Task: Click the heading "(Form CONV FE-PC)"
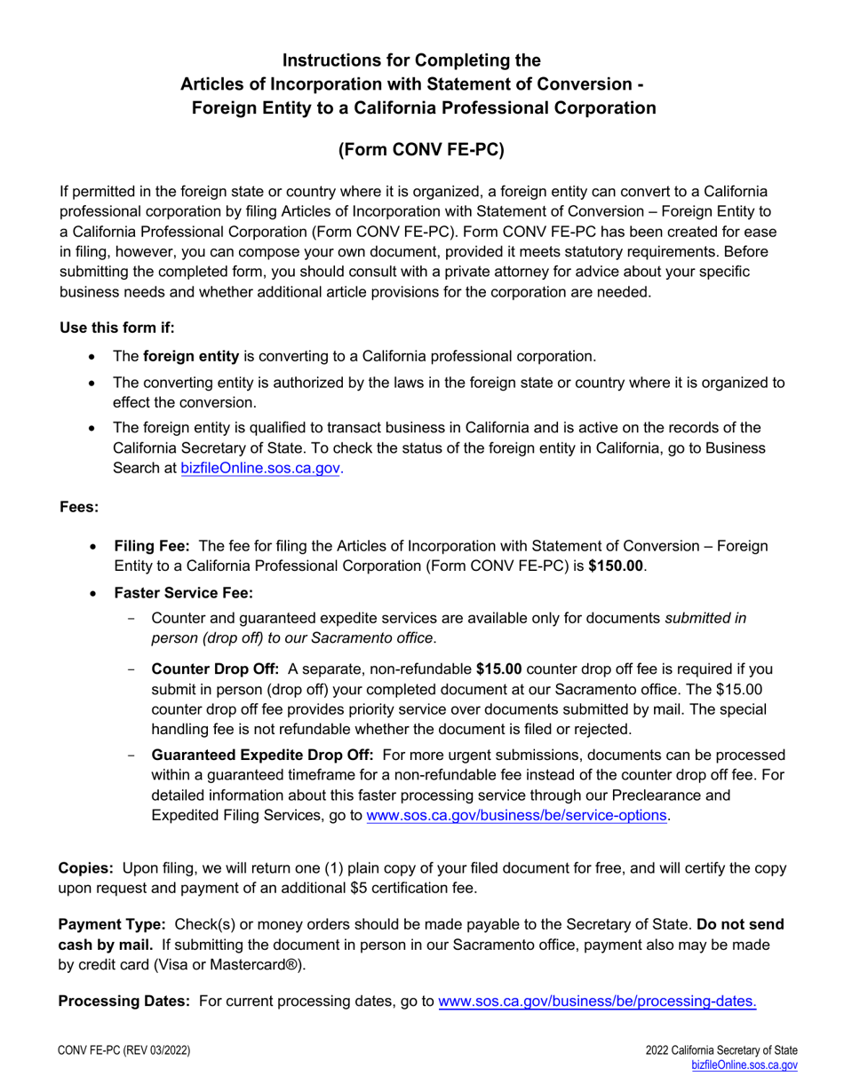pos(421,150)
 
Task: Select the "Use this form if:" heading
pos(117,328)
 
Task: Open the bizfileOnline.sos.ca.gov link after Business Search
pos(260,467)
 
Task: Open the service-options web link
pos(517,816)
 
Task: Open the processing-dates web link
pos(598,1001)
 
